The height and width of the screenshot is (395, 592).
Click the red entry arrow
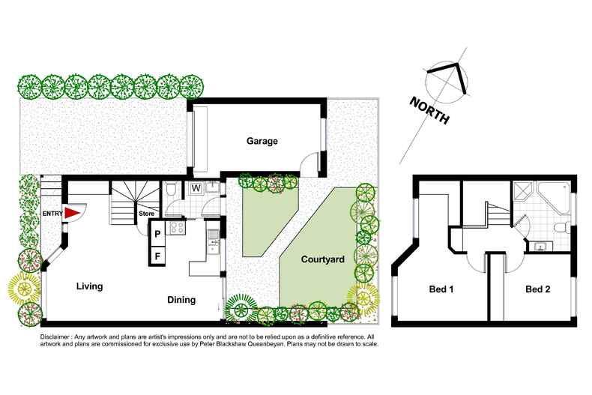click(71, 214)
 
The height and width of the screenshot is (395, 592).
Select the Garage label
click(262, 141)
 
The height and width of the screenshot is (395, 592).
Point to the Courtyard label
click(322, 260)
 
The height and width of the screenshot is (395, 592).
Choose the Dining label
click(181, 300)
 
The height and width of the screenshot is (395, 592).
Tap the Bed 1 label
click(441, 289)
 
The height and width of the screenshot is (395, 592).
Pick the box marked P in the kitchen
click(157, 234)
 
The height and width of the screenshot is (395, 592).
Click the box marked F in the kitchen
click(157, 256)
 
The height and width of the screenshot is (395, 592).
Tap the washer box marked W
click(196, 188)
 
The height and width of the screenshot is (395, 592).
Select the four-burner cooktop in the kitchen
click(178, 229)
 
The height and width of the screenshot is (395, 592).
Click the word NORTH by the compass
click(429, 111)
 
